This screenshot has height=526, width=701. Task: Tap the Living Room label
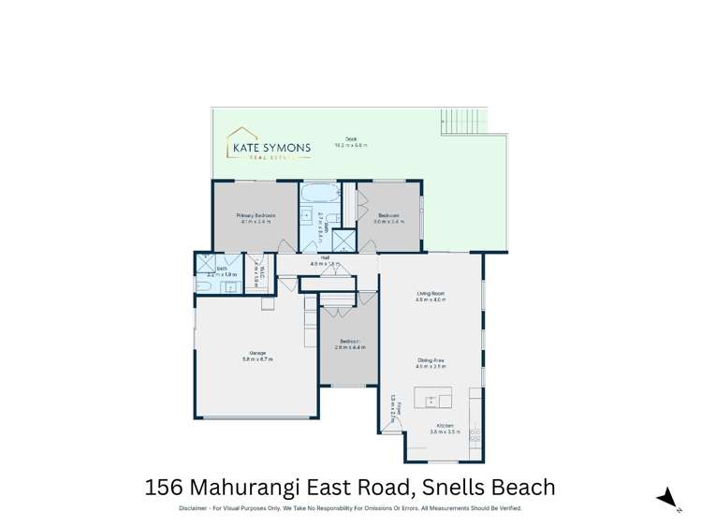coord(431,294)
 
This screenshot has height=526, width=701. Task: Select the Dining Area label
coord(431,360)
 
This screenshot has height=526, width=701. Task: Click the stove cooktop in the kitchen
coord(475,433)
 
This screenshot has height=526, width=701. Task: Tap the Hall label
coord(325,257)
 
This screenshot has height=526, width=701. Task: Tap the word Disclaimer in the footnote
coord(198,508)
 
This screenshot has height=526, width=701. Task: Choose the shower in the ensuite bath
coord(203,260)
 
